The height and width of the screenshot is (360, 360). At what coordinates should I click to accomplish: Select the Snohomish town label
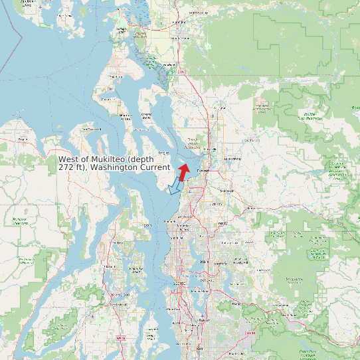coord(227,191)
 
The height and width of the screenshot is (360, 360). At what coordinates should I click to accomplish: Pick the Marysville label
coord(211,149)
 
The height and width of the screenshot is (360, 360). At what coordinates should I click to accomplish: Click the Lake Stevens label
coord(232,159)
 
